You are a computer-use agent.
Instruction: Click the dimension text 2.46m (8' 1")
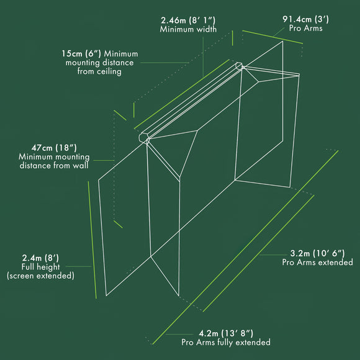pyautogui.click(x=188, y=20)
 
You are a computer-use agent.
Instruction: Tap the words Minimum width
pyautogui.click(x=188, y=29)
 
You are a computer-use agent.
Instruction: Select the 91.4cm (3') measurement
pyautogui.click(x=305, y=19)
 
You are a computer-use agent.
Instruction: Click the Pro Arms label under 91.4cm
pyautogui.click(x=305, y=28)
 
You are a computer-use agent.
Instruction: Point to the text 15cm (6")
pyautogui.click(x=81, y=54)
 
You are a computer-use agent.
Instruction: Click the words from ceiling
pyautogui.click(x=99, y=71)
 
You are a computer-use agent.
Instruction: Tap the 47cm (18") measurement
pyautogui.click(x=54, y=148)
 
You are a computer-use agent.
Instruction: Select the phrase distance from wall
pyautogui.click(x=54, y=166)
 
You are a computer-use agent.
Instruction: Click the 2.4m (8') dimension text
pyautogui.click(x=40, y=258)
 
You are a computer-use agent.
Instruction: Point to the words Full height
pyautogui.click(x=40, y=267)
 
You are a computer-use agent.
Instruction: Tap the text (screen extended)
pyautogui.click(x=40, y=276)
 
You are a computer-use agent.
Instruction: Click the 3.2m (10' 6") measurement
pyautogui.click(x=317, y=253)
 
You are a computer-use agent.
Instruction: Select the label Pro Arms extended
pyautogui.click(x=317, y=262)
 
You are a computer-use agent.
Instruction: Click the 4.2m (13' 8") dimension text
pyautogui.click(x=226, y=333)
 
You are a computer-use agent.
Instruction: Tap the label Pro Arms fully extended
pyautogui.click(x=226, y=342)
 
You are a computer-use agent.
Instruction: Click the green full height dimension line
pyautogui.click(x=92, y=240)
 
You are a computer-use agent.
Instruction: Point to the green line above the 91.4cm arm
pyautogui.click(x=272, y=37)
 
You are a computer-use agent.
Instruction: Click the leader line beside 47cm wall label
pyautogui.click(x=104, y=161)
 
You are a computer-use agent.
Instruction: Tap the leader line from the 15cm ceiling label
pyautogui.click(x=164, y=63)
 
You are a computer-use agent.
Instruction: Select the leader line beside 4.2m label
pyautogui.click(x=179, y=335)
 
